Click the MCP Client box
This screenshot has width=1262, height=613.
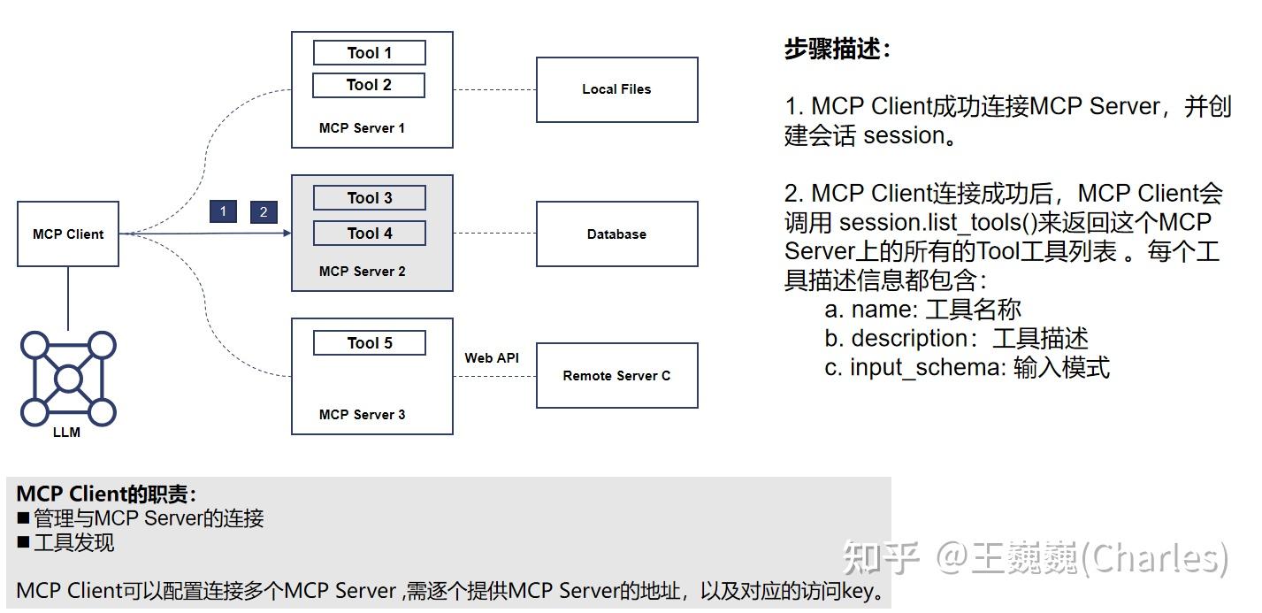click(68, 234)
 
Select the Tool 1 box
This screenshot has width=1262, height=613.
click(369, 53)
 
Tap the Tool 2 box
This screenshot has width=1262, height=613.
click(369, 85)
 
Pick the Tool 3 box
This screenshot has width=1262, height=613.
click(369, 198)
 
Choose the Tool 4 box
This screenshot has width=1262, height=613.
click(369, 234)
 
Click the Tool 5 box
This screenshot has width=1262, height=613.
click(369, 343)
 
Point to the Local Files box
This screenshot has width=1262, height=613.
click(616, 89)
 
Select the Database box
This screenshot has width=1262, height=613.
click(616, 234)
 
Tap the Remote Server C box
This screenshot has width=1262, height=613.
click(616, 376)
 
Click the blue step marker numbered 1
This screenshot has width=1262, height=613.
click(223, 211)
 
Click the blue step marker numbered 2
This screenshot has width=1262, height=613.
click(264, 212)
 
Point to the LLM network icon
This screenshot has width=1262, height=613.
click(68, 379)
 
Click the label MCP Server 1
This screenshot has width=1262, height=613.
click(362, 128)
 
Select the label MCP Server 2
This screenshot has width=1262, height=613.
click(362, 272)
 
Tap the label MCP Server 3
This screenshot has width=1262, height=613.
click(362, 415)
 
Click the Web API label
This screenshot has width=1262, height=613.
click(492, 358)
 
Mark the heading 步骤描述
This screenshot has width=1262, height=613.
click(837, 50)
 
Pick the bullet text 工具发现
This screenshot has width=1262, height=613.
click(73, 543)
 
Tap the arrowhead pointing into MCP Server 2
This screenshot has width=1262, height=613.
click(287, 234)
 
